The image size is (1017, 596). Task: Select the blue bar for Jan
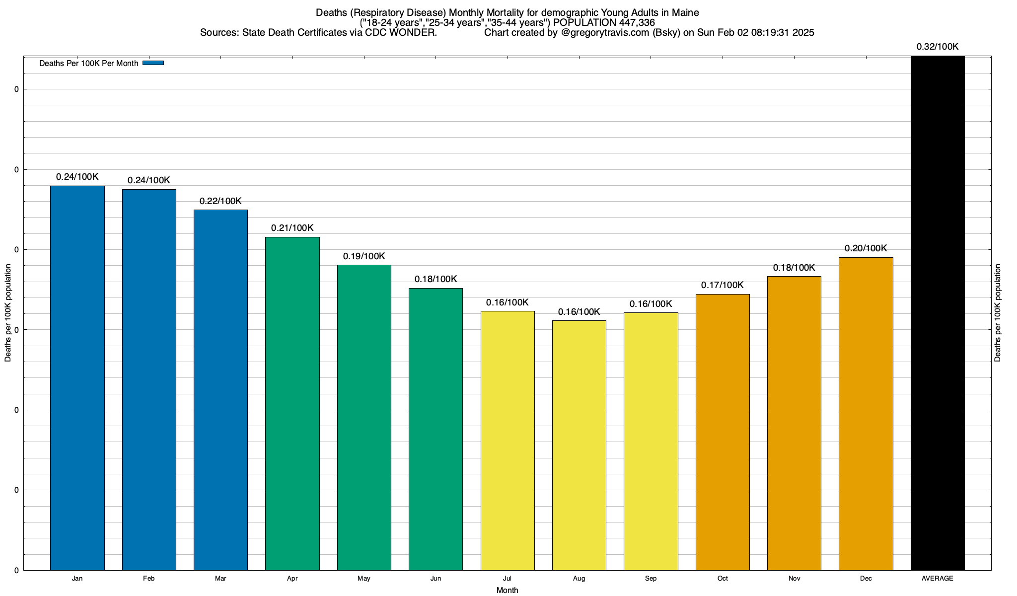77,377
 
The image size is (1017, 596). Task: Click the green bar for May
364,417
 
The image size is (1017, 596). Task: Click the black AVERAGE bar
938,313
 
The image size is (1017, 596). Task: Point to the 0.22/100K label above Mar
220,201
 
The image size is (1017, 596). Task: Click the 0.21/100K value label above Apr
292,228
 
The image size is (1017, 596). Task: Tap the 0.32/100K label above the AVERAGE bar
938,47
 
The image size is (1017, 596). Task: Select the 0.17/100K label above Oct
723,285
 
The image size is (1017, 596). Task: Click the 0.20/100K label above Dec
866,248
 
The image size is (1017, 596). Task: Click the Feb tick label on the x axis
149,579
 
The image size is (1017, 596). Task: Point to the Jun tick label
436,579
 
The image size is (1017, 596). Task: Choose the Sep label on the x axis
651,579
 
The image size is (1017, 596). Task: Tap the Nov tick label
794,579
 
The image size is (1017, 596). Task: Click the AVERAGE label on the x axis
938,579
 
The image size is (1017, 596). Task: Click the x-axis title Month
507,590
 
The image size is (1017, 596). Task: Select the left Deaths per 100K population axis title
8,313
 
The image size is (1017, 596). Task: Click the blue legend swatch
153,63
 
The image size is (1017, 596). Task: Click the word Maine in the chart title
685,12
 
